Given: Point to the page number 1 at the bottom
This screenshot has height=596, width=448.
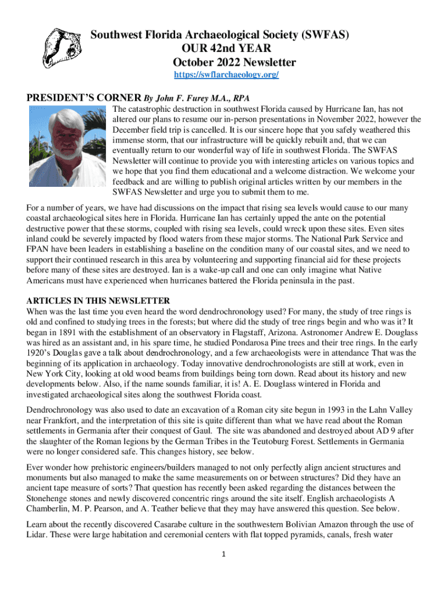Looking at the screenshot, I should coord(223,554).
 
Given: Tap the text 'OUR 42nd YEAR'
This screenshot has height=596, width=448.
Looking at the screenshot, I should coord(222,49).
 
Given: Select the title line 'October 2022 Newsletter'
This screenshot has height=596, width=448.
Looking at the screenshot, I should coord(234,62).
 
